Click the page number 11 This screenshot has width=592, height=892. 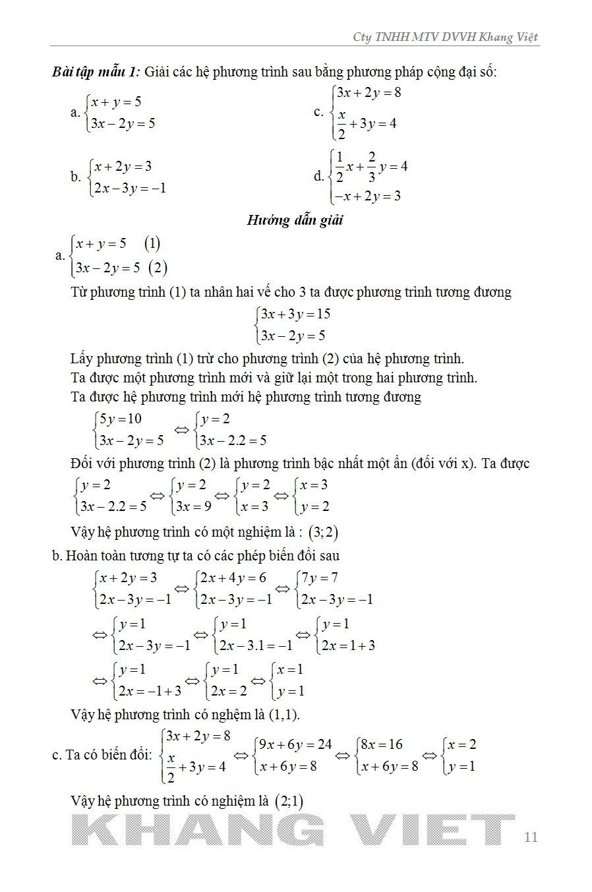(531, 837)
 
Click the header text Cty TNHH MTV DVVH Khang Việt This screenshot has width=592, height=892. (446, 37)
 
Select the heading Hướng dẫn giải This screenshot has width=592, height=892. (295, 220)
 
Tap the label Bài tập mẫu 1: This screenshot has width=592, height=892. (96, 72)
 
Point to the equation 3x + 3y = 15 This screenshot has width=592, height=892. (295, 314)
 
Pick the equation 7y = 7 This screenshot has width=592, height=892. (320, 578)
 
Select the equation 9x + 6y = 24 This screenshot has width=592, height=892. (295, 745)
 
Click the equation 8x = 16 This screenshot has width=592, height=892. (382, 745)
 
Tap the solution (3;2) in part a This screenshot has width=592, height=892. (323, 532)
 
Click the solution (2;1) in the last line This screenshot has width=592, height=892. (289, 802)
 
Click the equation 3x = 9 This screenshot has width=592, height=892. (193, 506)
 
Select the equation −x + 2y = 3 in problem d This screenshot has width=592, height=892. (368, 196)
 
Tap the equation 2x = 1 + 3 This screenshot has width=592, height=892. (348, 645)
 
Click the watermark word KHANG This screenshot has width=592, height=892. (198, 830)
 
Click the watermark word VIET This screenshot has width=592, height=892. (432, 830)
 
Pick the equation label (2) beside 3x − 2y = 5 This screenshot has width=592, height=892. (158, 268)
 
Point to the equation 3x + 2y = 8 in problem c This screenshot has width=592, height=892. (369, 93)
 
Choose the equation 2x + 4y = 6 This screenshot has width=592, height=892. (233, 578)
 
